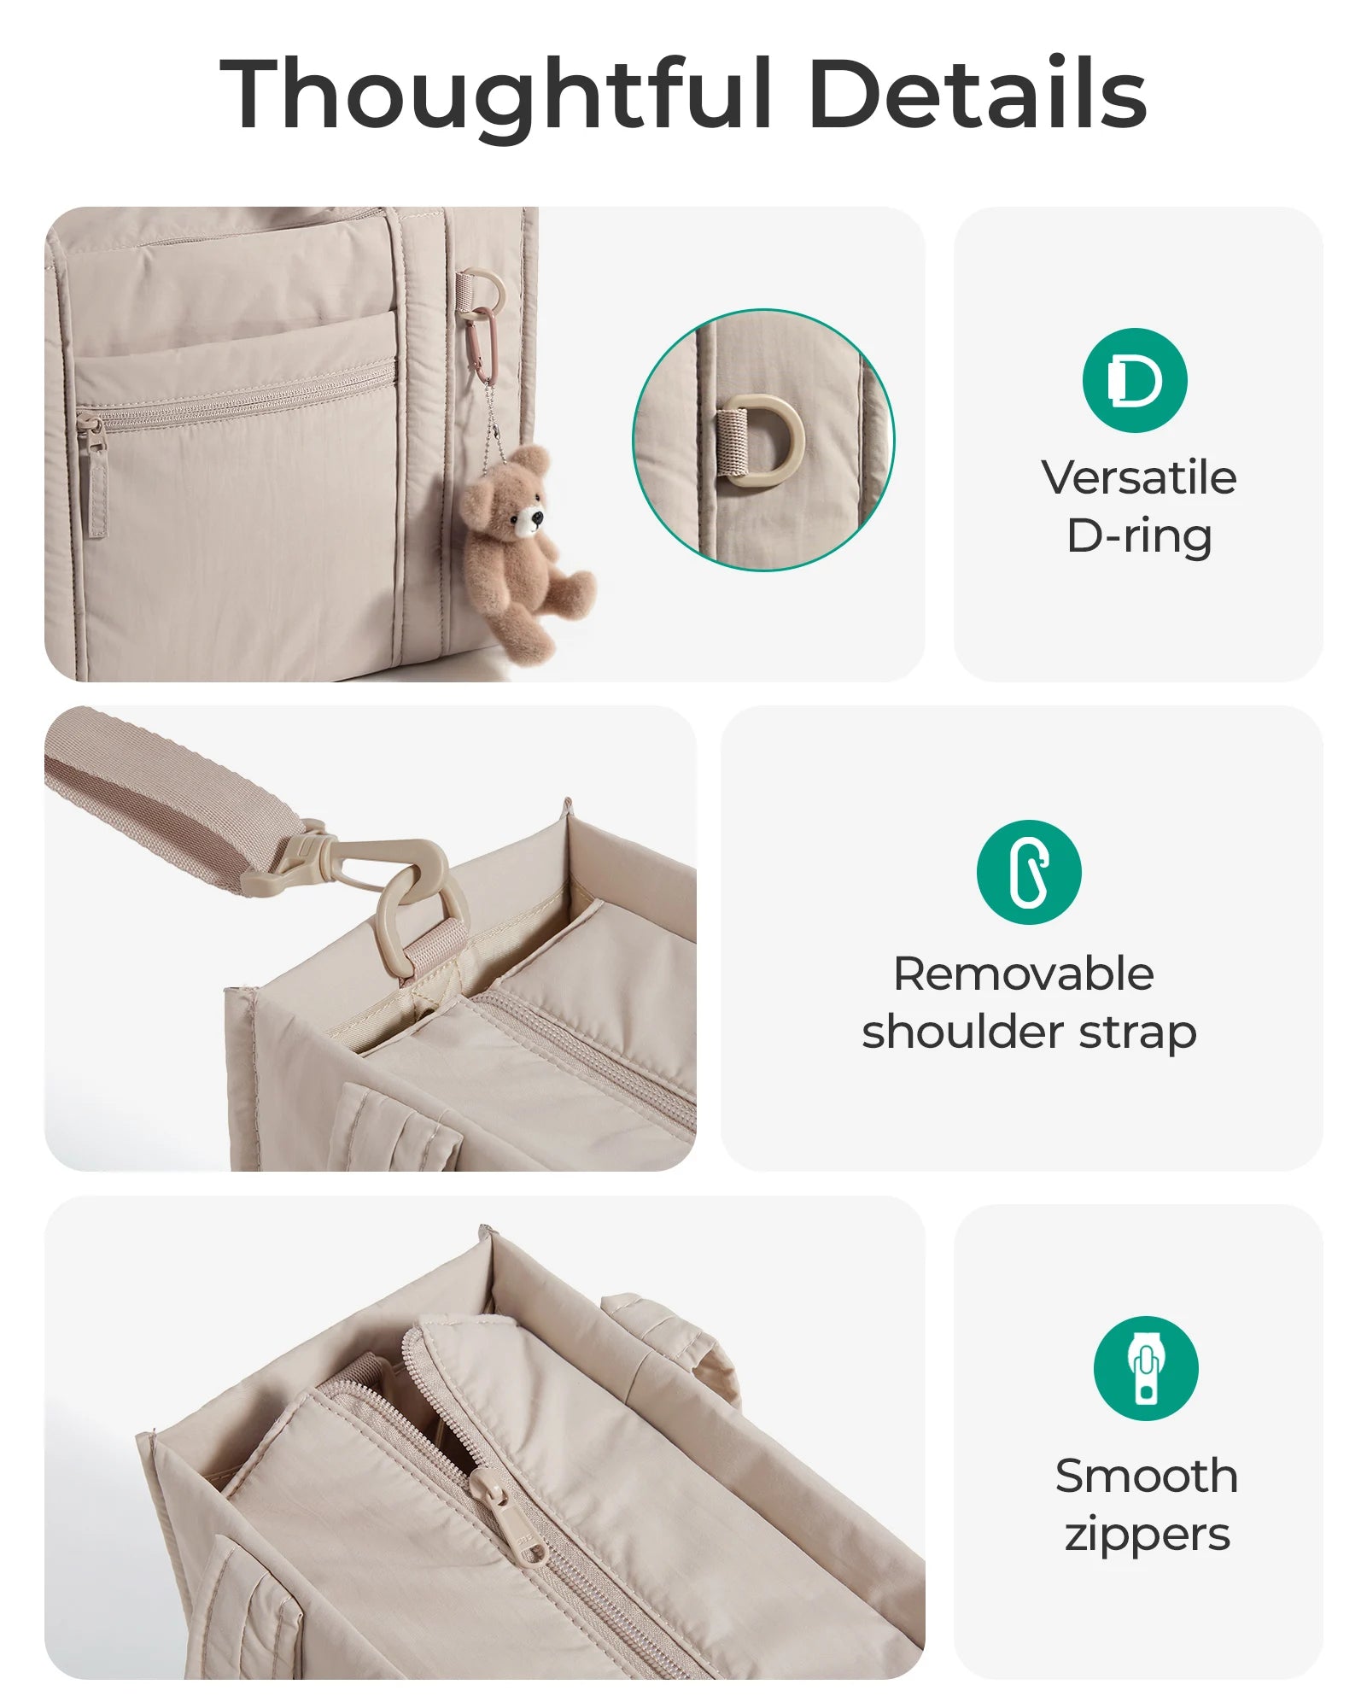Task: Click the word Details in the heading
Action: [977, 91]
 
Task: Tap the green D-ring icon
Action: [1135, 380]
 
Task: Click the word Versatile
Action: [1139, 477]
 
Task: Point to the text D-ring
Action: [1139, 536]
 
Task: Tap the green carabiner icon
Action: [1029, 872]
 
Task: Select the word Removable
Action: [1024, 974]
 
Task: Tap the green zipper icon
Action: [1146, 1368]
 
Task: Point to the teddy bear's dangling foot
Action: [574, 590]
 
